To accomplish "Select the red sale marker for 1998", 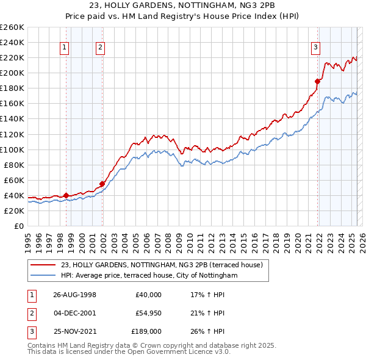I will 66,195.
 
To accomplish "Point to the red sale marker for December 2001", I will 102,184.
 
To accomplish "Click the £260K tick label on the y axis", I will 12,27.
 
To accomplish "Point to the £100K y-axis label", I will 12,149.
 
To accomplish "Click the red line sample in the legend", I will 43,265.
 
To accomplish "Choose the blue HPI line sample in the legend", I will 43,276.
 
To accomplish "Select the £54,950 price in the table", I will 149,313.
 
